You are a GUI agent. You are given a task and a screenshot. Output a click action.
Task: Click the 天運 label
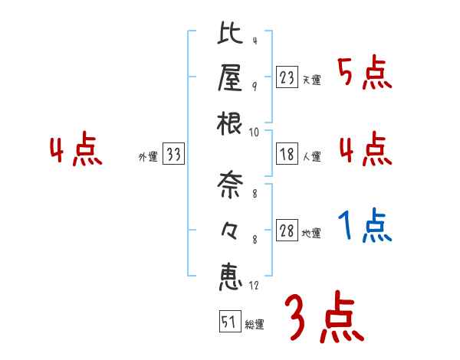coord(311,80)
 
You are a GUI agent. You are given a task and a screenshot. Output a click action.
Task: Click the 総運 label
coord(255,325)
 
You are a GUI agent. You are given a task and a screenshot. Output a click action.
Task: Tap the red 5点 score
coord(365,73)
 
